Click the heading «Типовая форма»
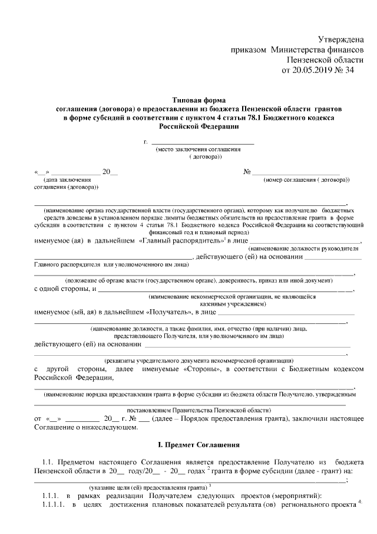[x=199, y=101]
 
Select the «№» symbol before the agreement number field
[x=247, y=172]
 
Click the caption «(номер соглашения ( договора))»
[x=306, y=179]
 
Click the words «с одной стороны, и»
[x=65, y=289]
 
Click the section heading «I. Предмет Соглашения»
[x=199, y=443]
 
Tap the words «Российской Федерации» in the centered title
[x=199, y=126]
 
